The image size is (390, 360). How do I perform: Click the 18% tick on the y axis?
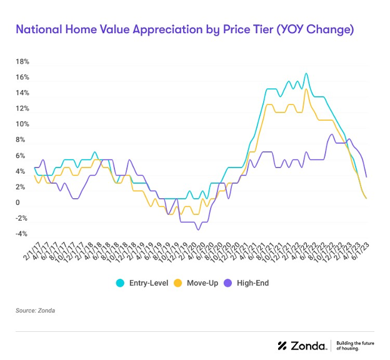pos(22,62)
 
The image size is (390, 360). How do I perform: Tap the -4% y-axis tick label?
pos(22,234)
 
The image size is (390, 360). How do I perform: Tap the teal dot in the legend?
pos(119,283)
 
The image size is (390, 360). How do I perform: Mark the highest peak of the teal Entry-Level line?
pos(306,74)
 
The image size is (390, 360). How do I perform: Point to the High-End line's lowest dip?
pos(198,229)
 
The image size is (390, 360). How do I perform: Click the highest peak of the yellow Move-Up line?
pos(306,89)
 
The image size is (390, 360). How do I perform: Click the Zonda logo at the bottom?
pos(301,346)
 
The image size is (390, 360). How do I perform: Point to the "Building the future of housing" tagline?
pos(354,346)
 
